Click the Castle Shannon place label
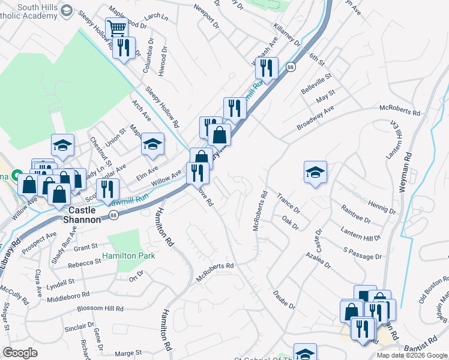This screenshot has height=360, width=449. click(83, 215)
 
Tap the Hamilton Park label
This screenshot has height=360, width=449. click(128, 256)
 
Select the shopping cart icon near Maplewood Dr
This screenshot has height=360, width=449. click(116, 28)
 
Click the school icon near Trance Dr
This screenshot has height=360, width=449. click(315, 173)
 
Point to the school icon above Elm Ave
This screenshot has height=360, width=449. click(152, 144)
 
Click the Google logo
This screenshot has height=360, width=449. click(20, 353)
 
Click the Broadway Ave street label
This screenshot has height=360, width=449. click(315, 119)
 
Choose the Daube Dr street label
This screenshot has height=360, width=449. click(285, 300)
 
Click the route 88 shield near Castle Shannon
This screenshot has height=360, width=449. click(113, 215)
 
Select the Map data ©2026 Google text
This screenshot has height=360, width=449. click(412, 355)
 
